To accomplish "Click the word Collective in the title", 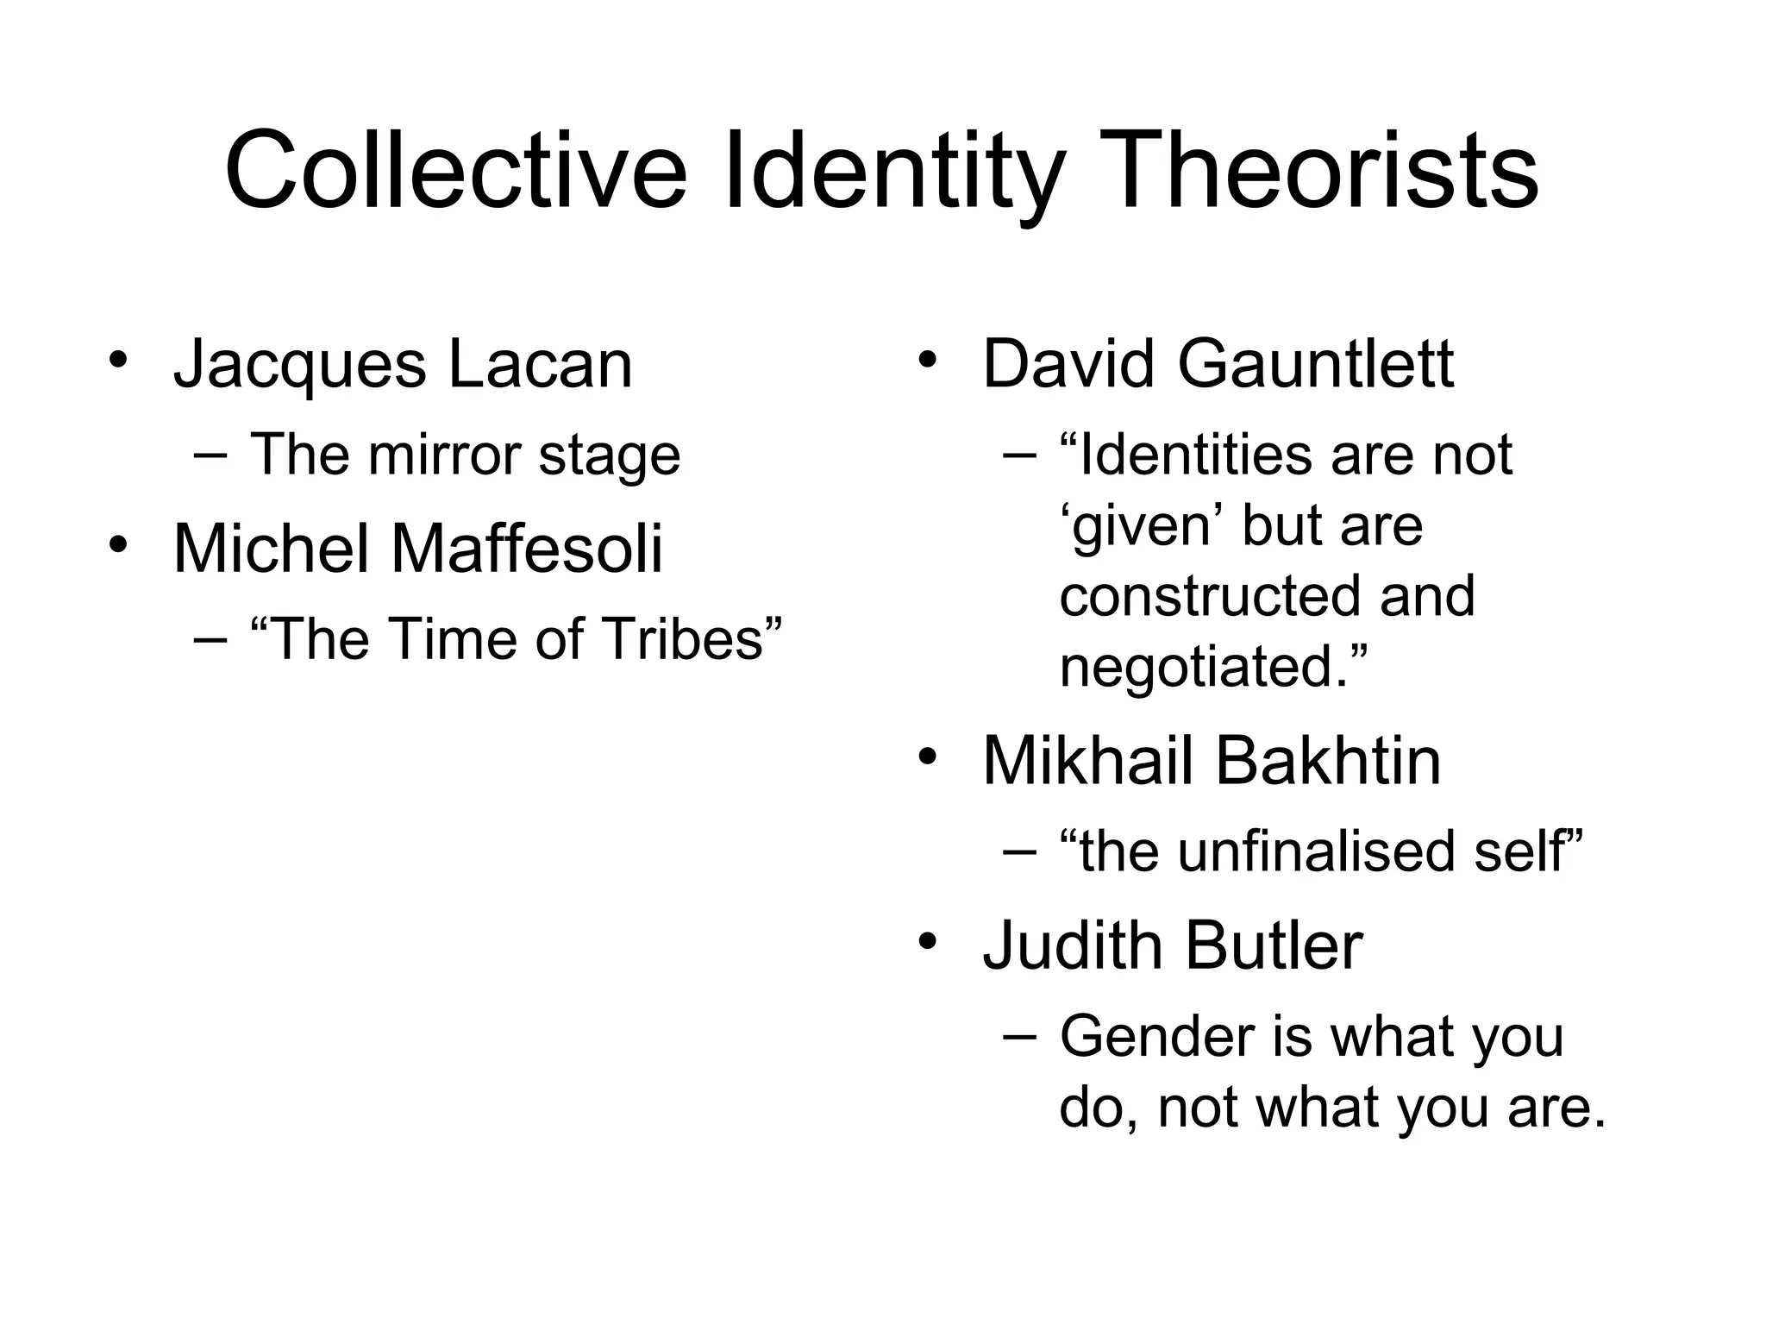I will [x=455, y=170].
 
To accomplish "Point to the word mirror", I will [x=445, y=455].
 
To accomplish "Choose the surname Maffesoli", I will [x=527, y=549].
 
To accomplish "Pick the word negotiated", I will [x=1204, y=667].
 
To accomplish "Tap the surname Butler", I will [x=1274, y=945].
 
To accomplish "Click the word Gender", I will [x=1156, y=1036].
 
